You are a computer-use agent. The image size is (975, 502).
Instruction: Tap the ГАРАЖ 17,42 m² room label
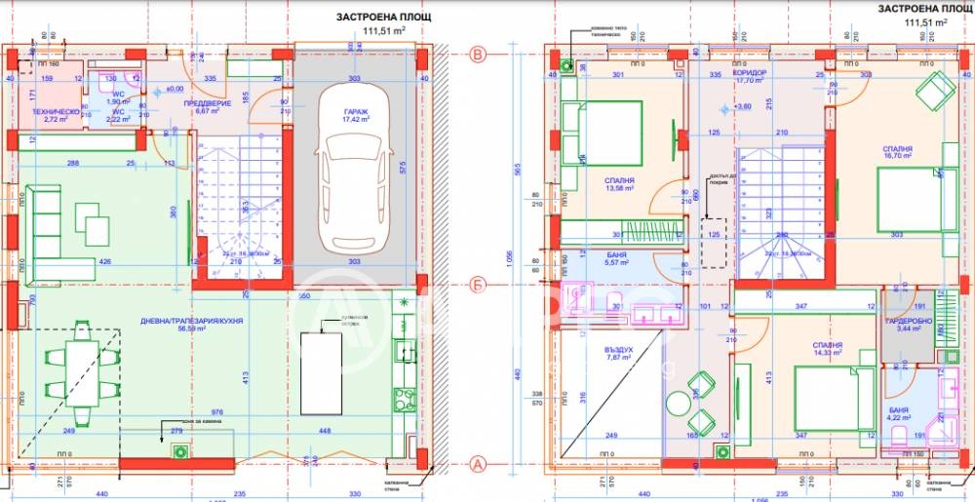[356, 116]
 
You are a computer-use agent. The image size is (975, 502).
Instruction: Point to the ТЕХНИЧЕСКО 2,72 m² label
[56, 115]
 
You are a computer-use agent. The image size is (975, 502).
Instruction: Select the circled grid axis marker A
[478, 463]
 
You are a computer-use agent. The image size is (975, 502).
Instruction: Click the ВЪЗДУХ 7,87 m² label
[618, 352]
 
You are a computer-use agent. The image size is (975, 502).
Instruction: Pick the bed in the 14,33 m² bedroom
[829, 396]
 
